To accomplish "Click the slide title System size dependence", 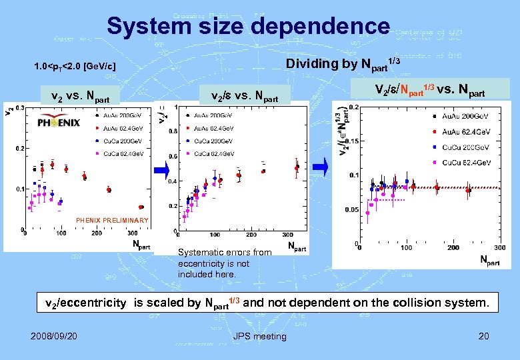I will click(248, 27).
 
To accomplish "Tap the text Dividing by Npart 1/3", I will click(343, 64).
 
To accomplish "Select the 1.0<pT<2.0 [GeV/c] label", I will click(75, 67).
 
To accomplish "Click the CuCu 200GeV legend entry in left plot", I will click(119, 141).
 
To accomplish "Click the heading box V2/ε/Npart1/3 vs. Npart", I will click(430, 89).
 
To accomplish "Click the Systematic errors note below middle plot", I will click(225, 263).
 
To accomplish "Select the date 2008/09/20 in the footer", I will click(53, 336).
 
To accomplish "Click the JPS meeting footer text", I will click(259, 336).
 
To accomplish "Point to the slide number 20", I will click(483, 336).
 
